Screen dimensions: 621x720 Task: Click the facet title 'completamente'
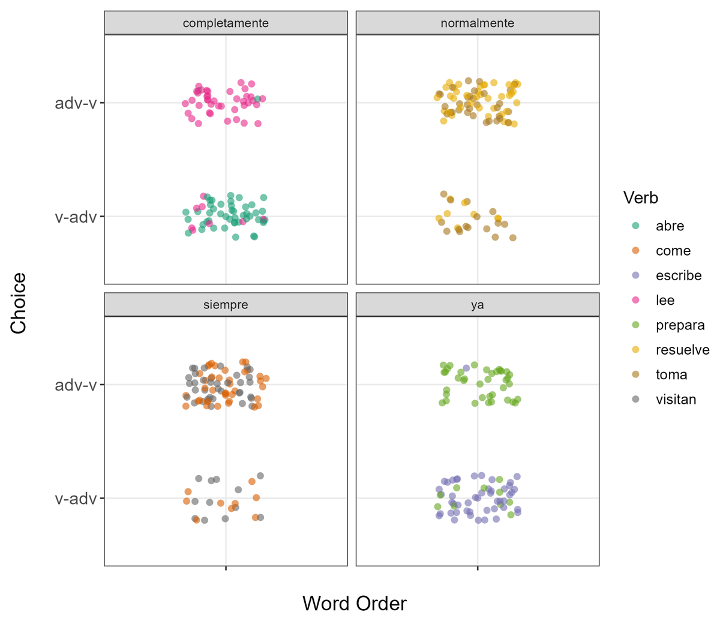pyautogui.click(x=226, y=23)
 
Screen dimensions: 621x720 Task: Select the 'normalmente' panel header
pyautogui.click(x=477, y=23)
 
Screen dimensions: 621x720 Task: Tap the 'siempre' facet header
pyautogui.click(x=226, y=305)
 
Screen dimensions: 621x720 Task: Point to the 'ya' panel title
pyautogui.click(x=477, y=305)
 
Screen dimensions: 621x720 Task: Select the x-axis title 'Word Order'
pyautogui.click(x=354, y=603)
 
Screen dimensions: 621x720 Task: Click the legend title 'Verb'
pyautogui.click(x=640, y=197)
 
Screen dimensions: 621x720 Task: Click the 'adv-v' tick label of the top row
pyautogui.click(x=76, y=103)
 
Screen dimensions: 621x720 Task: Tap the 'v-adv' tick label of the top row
pyautogui.click(x=76, y=217)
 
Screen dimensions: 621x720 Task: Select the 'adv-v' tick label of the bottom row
pyautogui.click(x=76, y=385)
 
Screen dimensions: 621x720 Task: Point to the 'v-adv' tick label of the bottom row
pyautogui.click(x=76, y=499)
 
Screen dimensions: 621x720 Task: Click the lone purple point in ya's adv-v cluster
pyautogui.click(x=466, y=368)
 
